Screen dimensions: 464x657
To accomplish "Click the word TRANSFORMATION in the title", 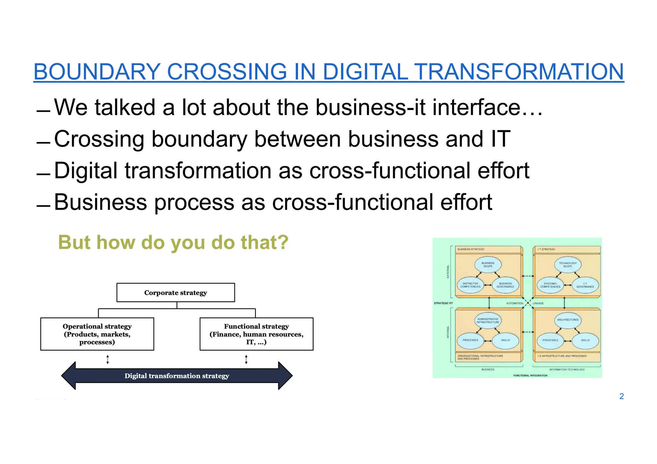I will click(x=519, y=72).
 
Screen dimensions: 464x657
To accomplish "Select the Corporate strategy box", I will click(x=175, y=292).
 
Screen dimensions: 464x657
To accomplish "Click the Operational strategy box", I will click(x=97, y=334).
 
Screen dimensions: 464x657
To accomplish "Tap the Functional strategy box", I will click(x=256, y=334).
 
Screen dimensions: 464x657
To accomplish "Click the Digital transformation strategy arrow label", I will click(x=177, y=376).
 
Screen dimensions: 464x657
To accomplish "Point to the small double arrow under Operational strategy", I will click(x=108, y=359).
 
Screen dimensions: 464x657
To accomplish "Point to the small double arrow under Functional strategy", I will click(x=246, y=359).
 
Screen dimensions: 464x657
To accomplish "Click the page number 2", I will click(x=621, y=396).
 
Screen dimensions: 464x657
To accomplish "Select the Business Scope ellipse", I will click(x=488, y=265).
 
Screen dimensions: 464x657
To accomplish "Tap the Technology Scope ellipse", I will click(x=567, y=265).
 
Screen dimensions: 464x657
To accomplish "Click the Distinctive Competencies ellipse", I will click(x=470, y=285).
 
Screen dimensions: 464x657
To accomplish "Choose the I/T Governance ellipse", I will click(x=585, y=285).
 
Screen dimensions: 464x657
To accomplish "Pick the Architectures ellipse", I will click(x=567, y=320).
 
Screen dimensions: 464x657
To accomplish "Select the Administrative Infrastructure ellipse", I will click(x=488, y=320).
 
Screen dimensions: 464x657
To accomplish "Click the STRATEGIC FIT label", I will click(x=443, y=303).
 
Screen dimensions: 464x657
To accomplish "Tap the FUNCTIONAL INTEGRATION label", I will click(x=530, y=375).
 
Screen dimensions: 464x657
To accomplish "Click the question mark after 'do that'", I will click(x=283, y=242).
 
